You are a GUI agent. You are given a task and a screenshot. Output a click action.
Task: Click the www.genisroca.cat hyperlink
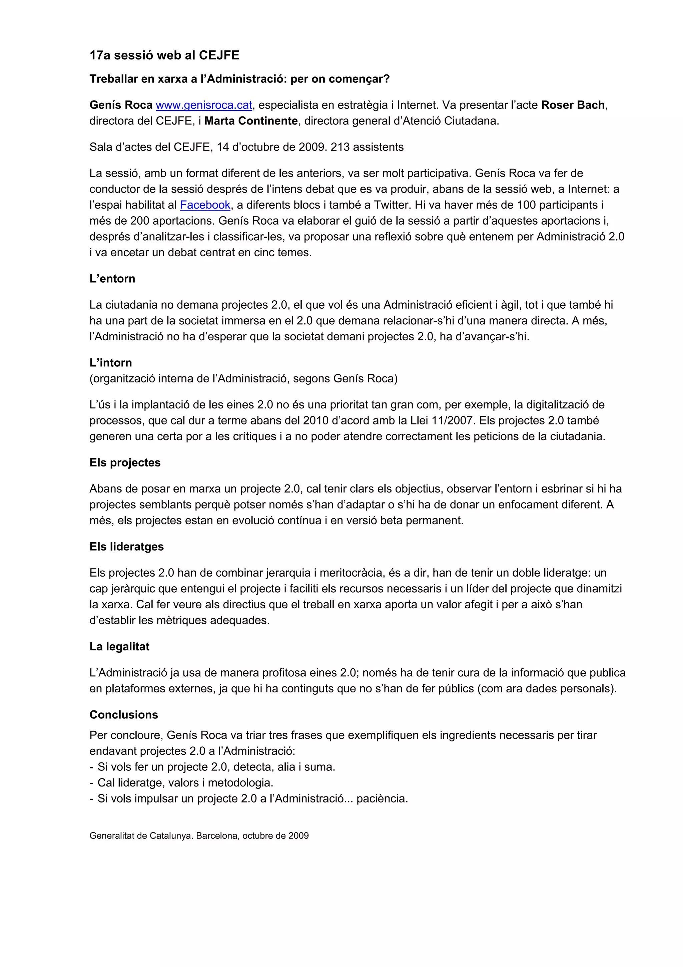(x=204, y=105)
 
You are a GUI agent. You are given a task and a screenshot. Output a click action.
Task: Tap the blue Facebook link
(x=205, y=205)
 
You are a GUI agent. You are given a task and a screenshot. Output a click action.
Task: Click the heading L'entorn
(x=112, y=279)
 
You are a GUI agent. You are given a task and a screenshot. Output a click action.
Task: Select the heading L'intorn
(x=110, y=363)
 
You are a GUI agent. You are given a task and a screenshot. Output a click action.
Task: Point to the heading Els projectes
(x=125, y=462)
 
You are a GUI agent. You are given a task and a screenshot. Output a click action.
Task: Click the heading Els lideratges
(x=126, y=547)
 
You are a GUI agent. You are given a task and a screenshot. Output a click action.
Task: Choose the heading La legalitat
(x=119, y=646)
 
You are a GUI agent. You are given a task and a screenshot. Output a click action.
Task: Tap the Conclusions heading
(x=124, y=715)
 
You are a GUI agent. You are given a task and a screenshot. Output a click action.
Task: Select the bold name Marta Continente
(x=251, y=121)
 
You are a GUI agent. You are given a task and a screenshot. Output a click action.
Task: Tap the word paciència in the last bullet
(x=382, y=798)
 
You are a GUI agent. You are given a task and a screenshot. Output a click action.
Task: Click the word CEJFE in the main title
(x=219, y=56)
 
